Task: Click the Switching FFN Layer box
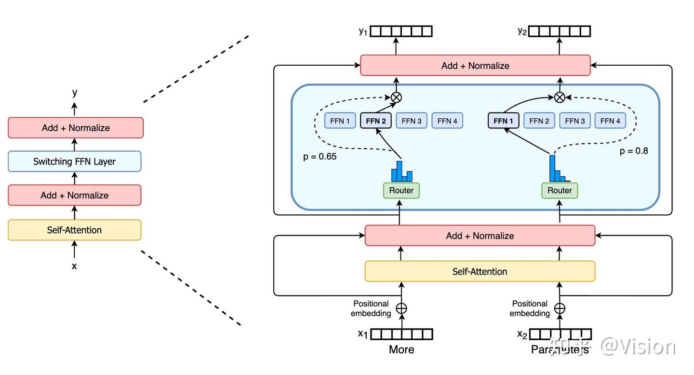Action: (x=74, y=161)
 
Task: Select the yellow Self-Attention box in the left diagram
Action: (x=74, y=230)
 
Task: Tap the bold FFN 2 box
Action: (x=376, y=121)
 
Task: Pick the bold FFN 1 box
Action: (x=504, y=121)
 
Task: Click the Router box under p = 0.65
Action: (x=401, y=190)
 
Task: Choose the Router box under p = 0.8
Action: (x=560, y=190)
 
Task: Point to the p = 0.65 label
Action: (x=320, y=156)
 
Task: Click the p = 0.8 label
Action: (x=634, y=151)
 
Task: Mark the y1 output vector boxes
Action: (x=401, y=31)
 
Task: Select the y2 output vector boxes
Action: (x=560, y=31)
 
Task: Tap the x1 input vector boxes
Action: (x=401, y=334)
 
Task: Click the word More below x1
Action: (x=401, y=349)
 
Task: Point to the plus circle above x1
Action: (x=401, y=308)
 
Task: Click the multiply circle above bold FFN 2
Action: (x=396, y=97)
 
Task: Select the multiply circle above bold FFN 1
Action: (x=560, y=97)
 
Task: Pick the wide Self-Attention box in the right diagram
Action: (x=480, y=271)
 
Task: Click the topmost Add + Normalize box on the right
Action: (x=475, y=65)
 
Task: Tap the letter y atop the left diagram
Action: (x=75, y=93)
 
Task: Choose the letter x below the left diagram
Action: (x=74, y=266)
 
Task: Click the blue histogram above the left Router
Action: (x=401, y=172)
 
